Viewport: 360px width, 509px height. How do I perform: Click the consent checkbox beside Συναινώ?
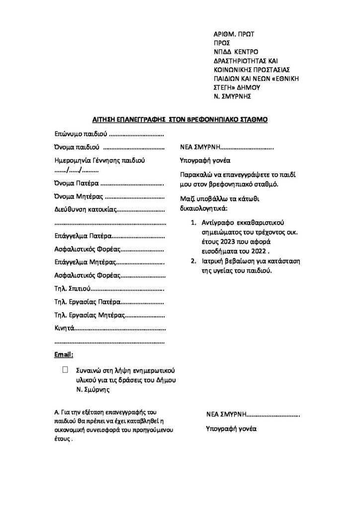click(x=65, y=369)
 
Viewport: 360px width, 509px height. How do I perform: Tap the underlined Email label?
click(x=63, y=354)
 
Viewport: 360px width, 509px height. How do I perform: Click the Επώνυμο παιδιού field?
click(x=136, y=134)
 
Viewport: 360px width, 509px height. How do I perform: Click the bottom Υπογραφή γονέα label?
click(x=231, y=428)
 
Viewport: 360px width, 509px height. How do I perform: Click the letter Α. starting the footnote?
click(x=56, y=413)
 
